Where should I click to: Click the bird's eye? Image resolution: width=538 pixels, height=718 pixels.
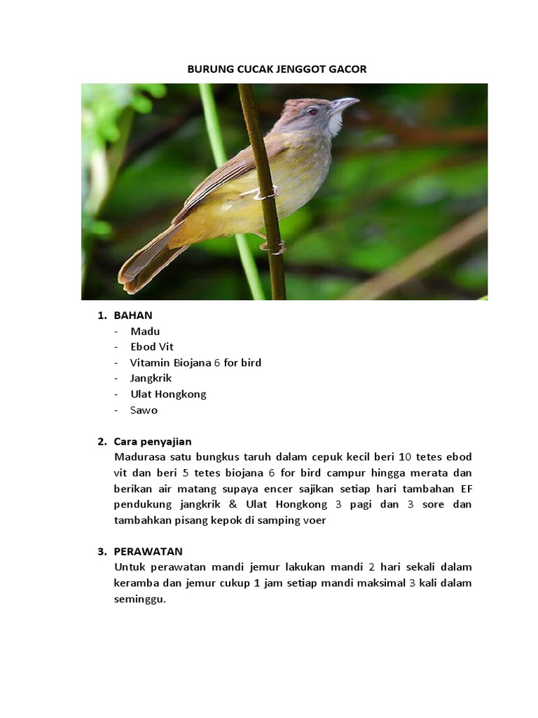click(312, 111)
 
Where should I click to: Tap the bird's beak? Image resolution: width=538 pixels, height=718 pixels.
click(345, 104)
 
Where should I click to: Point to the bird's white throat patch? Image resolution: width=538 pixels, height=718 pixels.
click(335, 125)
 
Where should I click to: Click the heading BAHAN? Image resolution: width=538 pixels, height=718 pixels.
click(133, 316)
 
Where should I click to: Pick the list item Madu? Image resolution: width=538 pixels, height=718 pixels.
click(145, 331)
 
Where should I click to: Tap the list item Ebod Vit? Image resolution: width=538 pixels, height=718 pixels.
click(152, 346)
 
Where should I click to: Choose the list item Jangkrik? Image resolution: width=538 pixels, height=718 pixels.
click(151, 378)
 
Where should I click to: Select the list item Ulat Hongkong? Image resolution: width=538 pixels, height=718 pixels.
click(168, 394)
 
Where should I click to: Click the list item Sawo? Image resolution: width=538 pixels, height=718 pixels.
click(144, 410)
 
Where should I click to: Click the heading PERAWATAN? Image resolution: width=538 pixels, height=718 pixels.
click(148, 551)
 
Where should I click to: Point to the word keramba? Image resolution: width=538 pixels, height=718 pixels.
click(137, 583)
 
